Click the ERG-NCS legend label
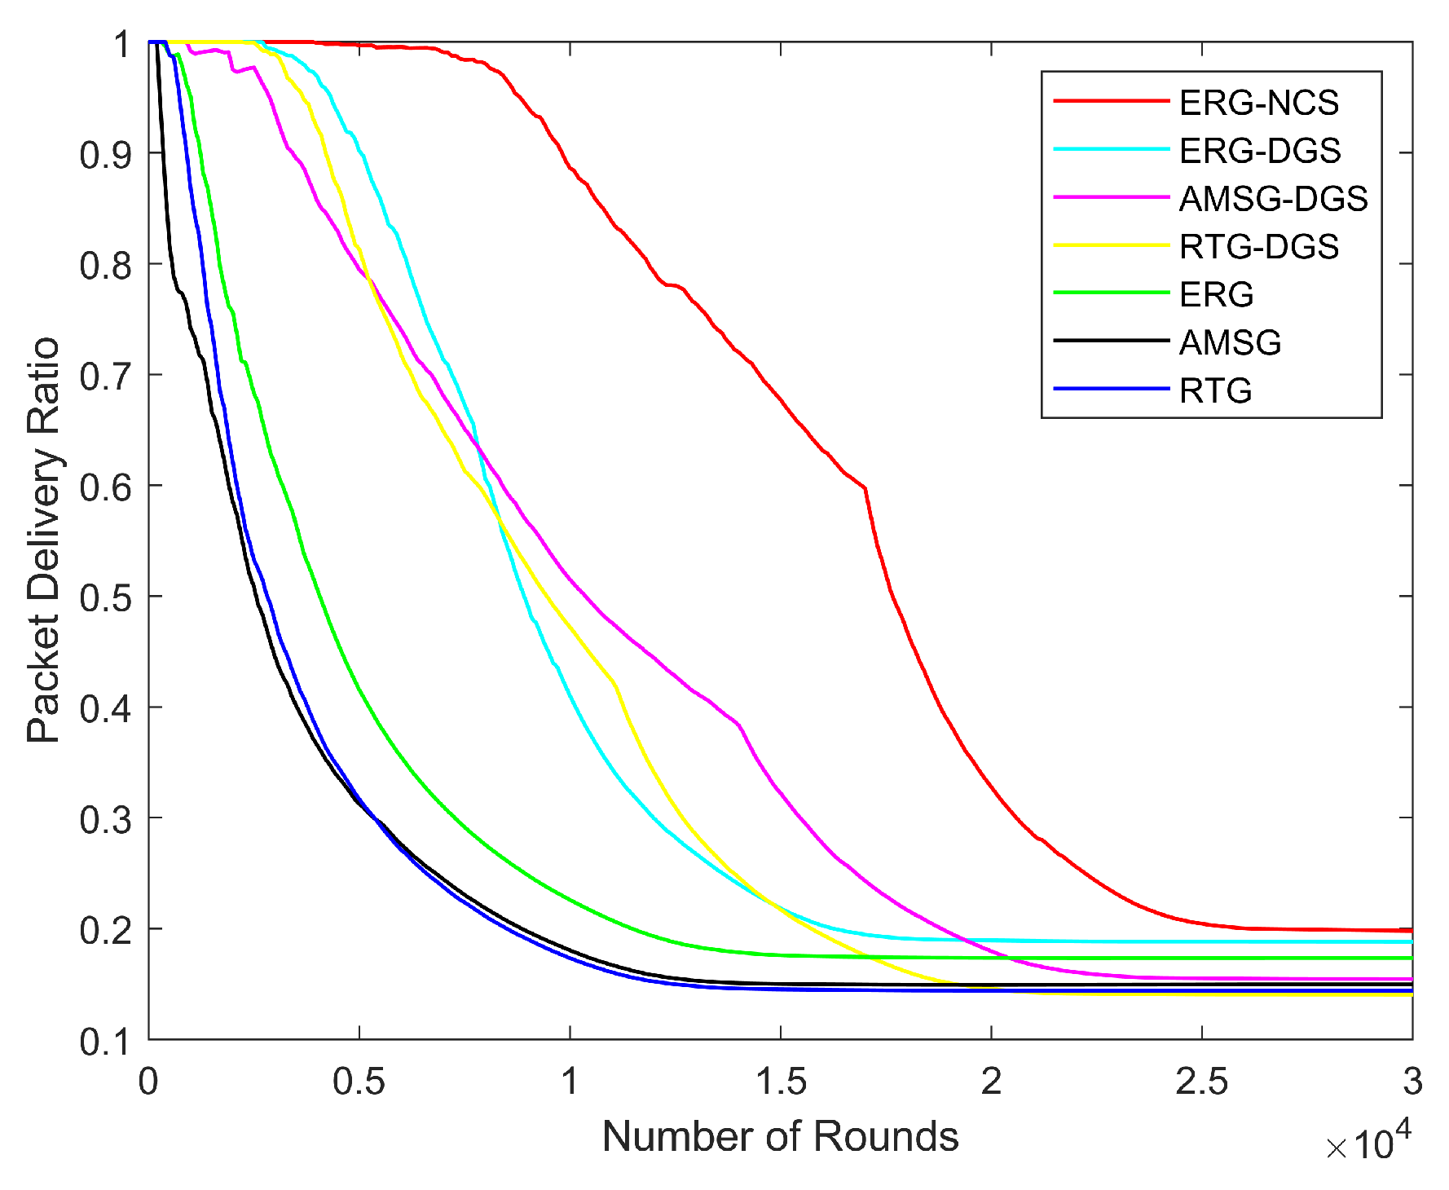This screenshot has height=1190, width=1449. pyautogui.click(x=1258, y=103)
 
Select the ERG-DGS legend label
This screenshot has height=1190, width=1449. pyautogui.click(x=1259, y=151)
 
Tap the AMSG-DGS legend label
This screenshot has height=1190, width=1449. pyautogui.click(x=1273, y=199)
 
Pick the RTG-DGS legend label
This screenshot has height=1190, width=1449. pyautogui.click(x=1258, y=246)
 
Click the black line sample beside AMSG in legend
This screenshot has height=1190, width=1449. pyautogui.click(x=1111, y=341)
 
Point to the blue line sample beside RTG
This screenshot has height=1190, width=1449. pyautogui.click(x=1111, y=389)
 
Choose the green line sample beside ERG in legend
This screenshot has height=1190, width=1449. pyautogui.click(x=1111, y=293)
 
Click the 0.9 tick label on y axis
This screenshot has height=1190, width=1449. pyautogui.click(x=106, y=154)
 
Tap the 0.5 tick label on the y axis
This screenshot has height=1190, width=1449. pyautogui.click(x=106, y=597)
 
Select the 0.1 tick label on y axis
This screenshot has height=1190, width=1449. pyautogui.click(x=106, y=1041)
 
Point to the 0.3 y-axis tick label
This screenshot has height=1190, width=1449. pyautogui.click(x=106, y=819)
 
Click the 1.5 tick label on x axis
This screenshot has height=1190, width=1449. pyautogui.click(x=780, y=1082)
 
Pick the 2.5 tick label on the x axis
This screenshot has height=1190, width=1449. pyautogui.click(x=1201, y=1082)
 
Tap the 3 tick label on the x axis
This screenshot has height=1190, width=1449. pyautogui.click(x=1412, y=1082)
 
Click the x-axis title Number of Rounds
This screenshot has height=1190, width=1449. pyautogui.click(x=780, y=1136)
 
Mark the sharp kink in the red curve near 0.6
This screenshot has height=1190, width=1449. pyautogui.click(x=865, y=488)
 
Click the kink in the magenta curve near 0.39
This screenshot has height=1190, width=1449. pyautogui.click(x=738, y=724)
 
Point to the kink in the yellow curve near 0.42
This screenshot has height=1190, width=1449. pyautogui.click(x=614, y=685)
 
